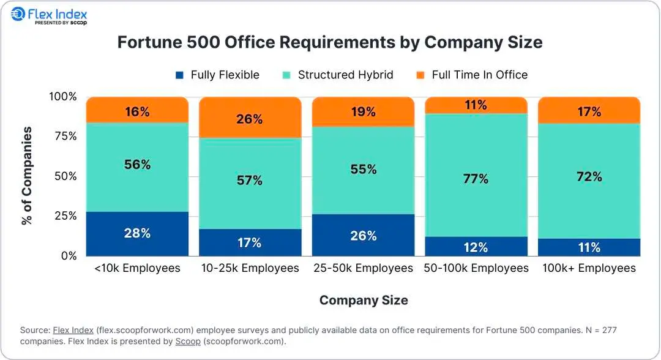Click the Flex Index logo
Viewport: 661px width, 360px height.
[x=49, y=16]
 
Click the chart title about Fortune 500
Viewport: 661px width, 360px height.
[x=330, y=42]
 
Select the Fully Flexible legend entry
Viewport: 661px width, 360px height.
[x=218, y=75]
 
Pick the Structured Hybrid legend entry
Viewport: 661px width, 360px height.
[x=338, y=75]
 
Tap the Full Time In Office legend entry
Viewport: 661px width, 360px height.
[x=472, y=75]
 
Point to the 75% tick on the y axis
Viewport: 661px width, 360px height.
[x=63, y=137]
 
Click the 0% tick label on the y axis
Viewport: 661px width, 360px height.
[x=67, y=256]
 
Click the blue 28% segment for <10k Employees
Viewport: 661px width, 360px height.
[x=137, y=234]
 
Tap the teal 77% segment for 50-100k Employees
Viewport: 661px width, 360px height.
[x=476, y=179]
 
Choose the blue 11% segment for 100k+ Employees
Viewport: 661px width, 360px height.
[x=589, y=247]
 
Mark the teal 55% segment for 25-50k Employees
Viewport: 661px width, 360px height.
[x=363, y=170]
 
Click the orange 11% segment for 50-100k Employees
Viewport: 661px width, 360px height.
[x=476, y=105]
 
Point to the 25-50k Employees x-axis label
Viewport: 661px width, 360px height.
[x=363, y=268]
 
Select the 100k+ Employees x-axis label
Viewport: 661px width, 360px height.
[x=589, y=268]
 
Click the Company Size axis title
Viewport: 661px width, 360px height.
[x=364, y=300]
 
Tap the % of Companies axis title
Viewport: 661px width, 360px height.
[x=27, y=176]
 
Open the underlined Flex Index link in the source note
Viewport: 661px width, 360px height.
[x=73, y=330]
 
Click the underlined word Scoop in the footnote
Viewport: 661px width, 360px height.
[x=188, y=341]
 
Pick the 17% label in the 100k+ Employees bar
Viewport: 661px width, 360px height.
[x=589, y=111]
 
